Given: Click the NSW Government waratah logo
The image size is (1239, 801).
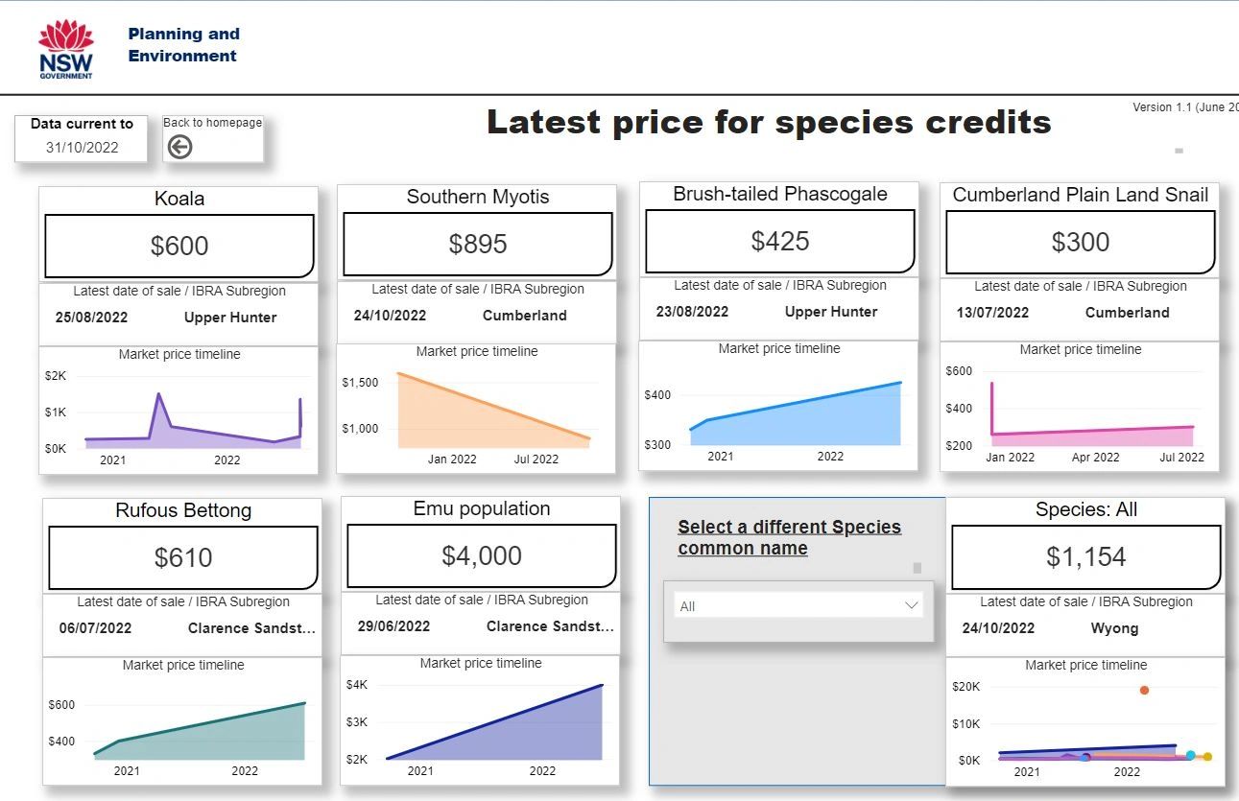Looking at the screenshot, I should [66, 49].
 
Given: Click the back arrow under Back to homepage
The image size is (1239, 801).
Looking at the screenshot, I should [179, 146].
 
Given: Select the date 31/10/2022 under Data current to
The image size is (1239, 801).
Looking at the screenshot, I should [83, 147].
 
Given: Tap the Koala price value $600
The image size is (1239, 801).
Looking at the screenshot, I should [179, 246].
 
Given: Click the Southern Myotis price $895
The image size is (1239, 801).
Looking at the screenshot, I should [478, 244].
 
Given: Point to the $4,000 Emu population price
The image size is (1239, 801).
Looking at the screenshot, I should [482, 555].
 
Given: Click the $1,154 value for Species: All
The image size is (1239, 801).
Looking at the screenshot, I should [1085, 556].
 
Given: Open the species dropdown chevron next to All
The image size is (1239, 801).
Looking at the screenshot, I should [911, 605].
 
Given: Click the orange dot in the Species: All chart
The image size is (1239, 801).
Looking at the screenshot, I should [1144, 690].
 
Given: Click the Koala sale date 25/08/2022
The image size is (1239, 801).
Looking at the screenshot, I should [91, 318].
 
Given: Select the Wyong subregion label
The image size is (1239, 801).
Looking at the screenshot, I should [1114, 628].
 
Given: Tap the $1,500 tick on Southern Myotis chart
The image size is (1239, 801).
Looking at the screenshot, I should [360, 382].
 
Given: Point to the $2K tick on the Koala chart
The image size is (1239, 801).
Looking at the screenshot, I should [56, 376].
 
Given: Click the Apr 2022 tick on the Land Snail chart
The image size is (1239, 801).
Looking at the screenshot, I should [1095, 458].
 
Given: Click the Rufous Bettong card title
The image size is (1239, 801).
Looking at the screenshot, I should [183, 510].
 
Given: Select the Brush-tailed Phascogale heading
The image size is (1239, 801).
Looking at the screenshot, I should [779, 194].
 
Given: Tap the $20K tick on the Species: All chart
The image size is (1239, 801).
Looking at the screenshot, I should [965, 687].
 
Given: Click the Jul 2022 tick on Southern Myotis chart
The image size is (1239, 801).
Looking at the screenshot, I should [536, 459].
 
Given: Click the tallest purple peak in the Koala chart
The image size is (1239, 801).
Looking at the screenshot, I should [158, 394].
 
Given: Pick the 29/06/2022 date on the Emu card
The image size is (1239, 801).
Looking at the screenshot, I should [393, 626].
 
